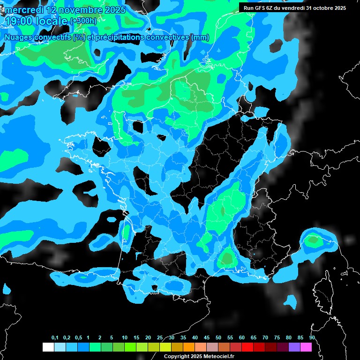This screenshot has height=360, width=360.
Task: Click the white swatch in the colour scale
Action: [48, 347]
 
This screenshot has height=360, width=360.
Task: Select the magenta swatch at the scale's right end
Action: [306, 347]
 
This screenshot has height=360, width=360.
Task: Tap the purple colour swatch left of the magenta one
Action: [294, 347]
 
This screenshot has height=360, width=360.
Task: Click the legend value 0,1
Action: [55, 338]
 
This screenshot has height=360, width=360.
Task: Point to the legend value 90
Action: [312, 338]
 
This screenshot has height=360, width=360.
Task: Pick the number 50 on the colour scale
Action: [218, 338]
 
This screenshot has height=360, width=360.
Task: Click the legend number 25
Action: [160, 338]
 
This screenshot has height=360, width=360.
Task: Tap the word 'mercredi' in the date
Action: [24, 10]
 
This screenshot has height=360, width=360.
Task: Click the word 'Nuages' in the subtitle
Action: [19, 37]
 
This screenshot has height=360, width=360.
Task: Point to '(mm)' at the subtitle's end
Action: [200, 37]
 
